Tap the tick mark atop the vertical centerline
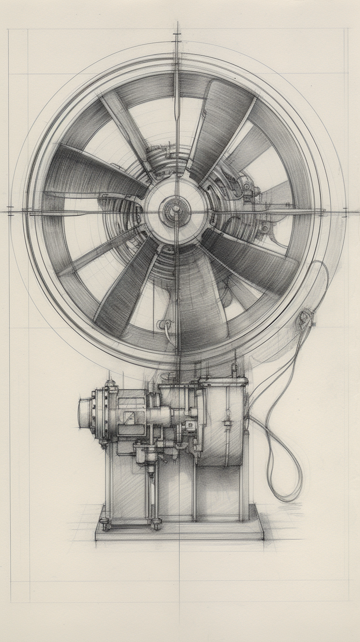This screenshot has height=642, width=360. point(177,34)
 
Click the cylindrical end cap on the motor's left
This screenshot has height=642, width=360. point(85,413)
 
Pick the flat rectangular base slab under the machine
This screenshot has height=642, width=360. point(179,531)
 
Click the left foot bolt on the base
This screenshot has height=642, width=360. point(105,524)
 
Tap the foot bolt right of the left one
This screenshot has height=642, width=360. point(156,524)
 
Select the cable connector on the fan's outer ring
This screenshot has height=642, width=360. point(305,317)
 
